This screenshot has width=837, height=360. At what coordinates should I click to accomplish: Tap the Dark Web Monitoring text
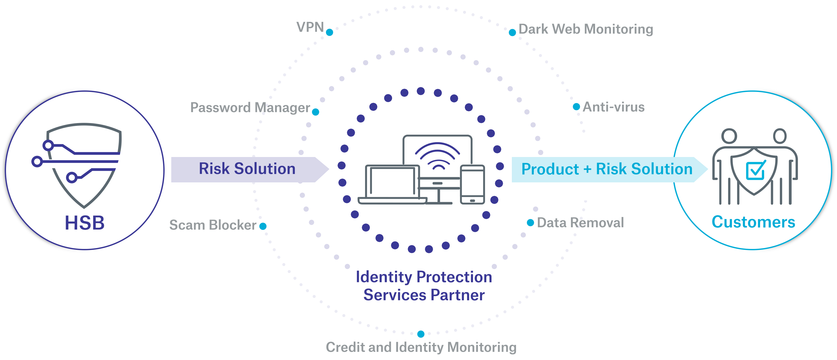point(586,29)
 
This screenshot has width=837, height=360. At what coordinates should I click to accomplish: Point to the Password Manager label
point(250,108)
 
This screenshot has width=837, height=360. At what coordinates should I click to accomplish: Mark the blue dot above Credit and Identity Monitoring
point(421,334)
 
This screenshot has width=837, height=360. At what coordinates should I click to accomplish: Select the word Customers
point(753,222)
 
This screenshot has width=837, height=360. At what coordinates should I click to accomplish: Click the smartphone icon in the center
point(472,185)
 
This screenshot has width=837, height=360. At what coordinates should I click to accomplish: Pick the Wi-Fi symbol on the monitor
point(437,156)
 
